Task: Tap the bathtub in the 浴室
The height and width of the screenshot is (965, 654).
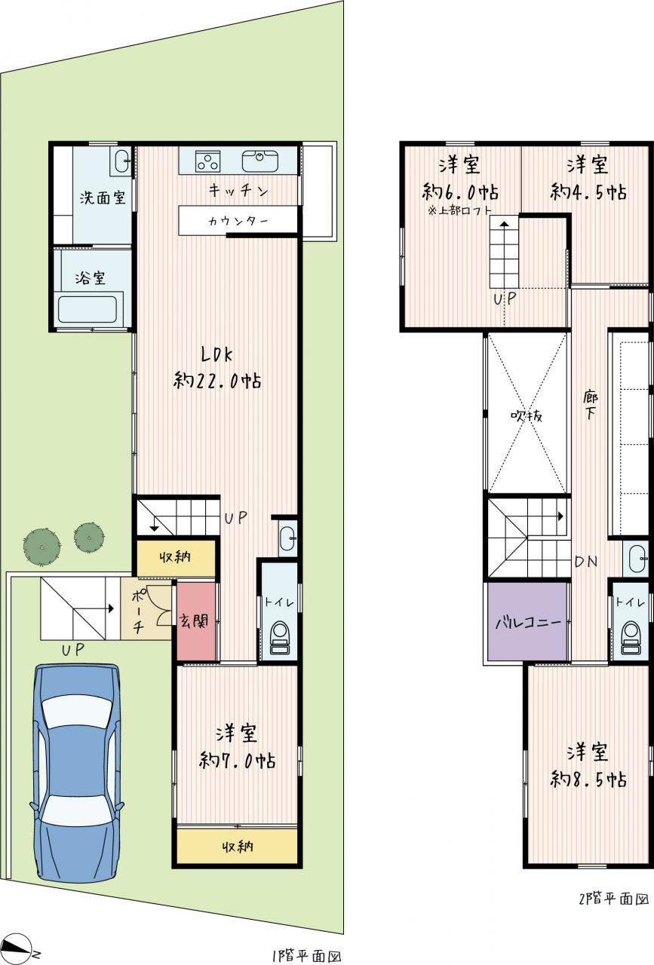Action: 88,309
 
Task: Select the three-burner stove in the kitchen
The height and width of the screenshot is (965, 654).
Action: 207,161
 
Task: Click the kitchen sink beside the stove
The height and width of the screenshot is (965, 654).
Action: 260,161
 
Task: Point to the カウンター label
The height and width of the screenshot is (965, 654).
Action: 238,222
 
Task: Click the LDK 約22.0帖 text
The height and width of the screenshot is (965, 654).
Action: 217,369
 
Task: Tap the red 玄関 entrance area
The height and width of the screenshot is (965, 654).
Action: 196,620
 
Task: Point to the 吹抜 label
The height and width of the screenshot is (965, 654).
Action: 527,415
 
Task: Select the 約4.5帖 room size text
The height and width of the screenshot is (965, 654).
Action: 588,191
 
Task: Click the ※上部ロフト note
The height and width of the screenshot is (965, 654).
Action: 459,211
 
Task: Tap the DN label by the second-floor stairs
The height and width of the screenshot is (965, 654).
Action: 586,562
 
